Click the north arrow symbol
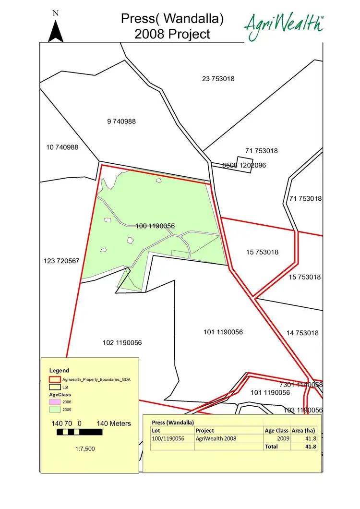[x=56, y=31]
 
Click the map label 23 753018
[x=218, y=79]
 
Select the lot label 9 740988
[x=121, y=121]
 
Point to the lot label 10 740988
[x=62, y=147]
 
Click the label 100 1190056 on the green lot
[x=155, y=226]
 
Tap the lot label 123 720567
[x=61, y=261]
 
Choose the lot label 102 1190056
[x=122, y=343]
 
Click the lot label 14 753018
[x=302, y=333]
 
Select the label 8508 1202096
[x=244, y=165]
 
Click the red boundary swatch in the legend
[x=55, y=379]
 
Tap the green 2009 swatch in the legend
[x=55, y=410]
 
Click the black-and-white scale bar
[x=79, y=432]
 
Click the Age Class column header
[x=277, y=431]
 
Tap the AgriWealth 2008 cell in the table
[x=216, y=438]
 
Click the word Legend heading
[x=60, y=370]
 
